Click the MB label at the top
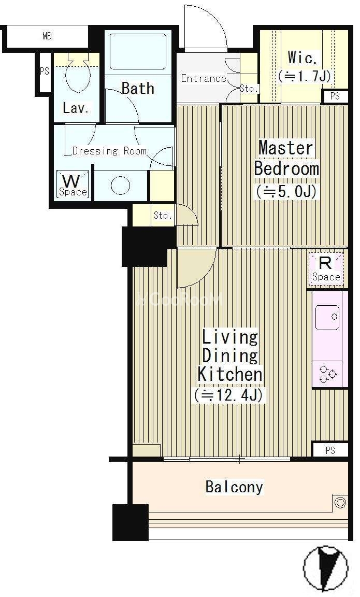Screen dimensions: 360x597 (47, 37)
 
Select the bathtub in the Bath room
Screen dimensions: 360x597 (138, 52)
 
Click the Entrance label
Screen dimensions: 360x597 (204, 78)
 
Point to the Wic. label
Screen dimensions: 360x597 (303, 58)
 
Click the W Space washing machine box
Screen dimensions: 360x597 (73, 184)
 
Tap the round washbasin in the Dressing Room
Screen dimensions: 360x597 (120, 186)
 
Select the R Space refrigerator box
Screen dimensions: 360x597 (326, 269)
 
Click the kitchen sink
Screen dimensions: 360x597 (327, 317)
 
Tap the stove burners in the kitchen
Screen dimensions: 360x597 (328, 374)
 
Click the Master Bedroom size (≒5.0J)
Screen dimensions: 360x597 (286, 191)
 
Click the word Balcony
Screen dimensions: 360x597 (234, 487)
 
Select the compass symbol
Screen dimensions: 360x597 (326, 567)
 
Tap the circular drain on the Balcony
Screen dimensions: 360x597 (340, 503)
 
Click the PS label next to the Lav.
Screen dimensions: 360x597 (45, 71)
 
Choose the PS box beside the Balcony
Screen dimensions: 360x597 (330, 450)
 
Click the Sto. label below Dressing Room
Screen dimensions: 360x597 (163, 216)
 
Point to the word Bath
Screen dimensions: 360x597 (138, 88)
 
